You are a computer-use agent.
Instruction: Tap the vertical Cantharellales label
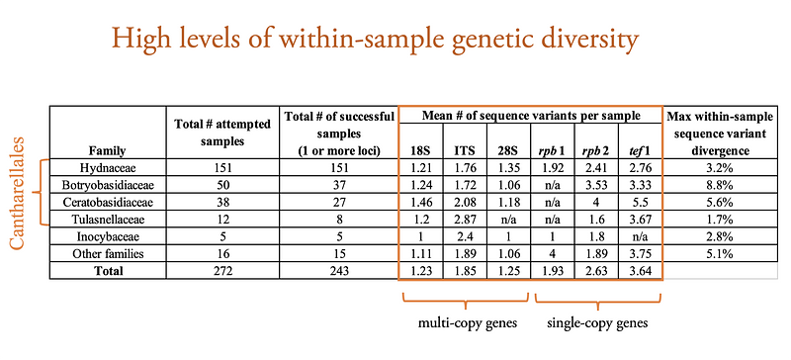(x=18, y=193)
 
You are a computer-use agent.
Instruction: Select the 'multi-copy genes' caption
(x=468, y=323)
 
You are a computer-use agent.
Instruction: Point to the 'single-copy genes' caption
(x=598, y=323)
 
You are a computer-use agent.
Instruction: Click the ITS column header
(x=465, y=150)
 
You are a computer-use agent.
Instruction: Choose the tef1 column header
(x=640, y=150)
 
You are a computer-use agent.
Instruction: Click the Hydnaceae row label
(x=107, y=169)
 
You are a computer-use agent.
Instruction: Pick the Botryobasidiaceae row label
(x=107, y=186)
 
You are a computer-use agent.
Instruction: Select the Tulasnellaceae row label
(x=107, y=220)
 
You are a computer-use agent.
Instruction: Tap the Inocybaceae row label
(x=107, y=236)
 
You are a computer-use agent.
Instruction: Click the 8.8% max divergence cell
(x=720, y=186)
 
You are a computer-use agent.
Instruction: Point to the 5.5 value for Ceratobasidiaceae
(x=640, y=203)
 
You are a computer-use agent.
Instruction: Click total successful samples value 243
(x=339, y=271)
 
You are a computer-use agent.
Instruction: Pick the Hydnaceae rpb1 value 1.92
(x=553, y=169)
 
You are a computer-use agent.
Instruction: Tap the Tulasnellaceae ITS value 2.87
(x=465, y=220)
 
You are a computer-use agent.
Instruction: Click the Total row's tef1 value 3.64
(x=640, y=271)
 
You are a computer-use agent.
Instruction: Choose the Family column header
(x=107, y=150)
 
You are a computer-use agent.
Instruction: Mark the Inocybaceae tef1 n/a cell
(x=640, y=236)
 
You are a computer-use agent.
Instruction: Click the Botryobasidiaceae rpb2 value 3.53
(x=596, y=186)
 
